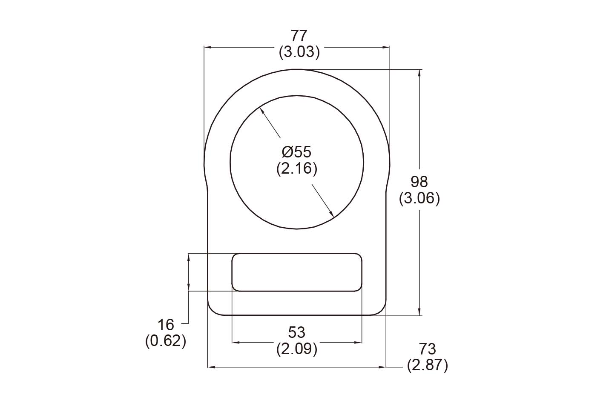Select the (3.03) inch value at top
(x=299, y=52)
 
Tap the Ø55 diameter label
(x=296, y=152)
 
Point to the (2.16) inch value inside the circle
(x=296, y=169)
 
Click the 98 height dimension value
(x=419, y=182)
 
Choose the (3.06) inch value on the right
(x=419, y=198)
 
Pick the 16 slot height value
(x=166, y=325)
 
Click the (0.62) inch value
(x=166, y=341)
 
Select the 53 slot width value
(x=297, y=332)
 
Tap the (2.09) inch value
(x=297, y=349)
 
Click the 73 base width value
(x=428, y=349)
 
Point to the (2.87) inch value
(x=428, y=366)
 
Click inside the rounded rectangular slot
(x=297, y=272)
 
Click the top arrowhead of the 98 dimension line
(x=420, y=73)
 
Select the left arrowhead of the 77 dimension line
(x=208, y=47)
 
